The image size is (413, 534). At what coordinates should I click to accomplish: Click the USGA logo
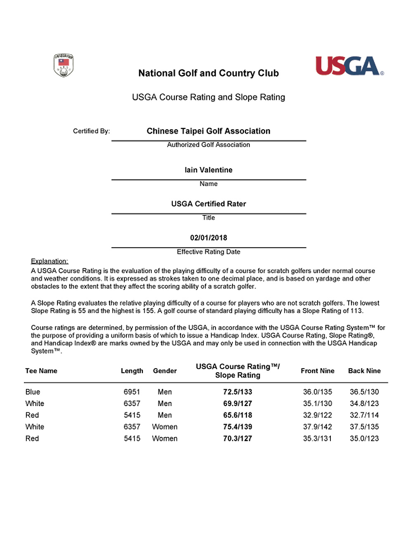pos(349,66)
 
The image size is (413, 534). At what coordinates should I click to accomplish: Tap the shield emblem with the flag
pos(64,65)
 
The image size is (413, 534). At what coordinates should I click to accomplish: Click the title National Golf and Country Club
pos(209,73)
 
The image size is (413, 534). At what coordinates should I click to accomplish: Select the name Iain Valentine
pos(209,170)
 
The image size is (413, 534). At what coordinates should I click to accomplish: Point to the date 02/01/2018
pos(209,238)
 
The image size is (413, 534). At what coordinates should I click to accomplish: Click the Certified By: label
pos(91,131)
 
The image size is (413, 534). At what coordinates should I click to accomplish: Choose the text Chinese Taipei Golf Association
pos(209,131)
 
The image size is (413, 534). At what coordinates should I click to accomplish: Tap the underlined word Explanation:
pos(50,261)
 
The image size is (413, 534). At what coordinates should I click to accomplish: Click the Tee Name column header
pos(41,371)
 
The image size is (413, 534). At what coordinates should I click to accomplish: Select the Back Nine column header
pos(364,371)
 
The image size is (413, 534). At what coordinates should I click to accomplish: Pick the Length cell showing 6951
pos(132,392)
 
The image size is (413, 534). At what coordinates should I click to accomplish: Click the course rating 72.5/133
pos(237,392)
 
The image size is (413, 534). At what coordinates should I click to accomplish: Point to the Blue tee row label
pos(33,392)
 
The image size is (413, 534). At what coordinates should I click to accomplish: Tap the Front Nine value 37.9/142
pos(317,427)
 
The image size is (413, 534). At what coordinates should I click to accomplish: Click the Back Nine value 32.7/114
pos(364,415)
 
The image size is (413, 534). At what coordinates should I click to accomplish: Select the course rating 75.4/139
pos(237,427)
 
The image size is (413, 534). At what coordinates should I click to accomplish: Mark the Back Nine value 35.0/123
pos(364,438)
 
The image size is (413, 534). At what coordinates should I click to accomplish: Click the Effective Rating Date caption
pos(209,252)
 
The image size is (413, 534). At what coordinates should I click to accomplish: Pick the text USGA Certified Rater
pos(209,204)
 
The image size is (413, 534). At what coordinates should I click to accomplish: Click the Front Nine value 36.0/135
pos(317,392)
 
